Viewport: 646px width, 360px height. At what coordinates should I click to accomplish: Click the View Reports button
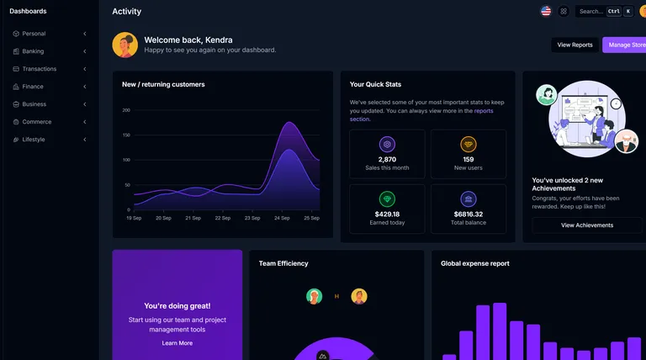575,45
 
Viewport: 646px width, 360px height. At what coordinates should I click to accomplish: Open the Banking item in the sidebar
34,51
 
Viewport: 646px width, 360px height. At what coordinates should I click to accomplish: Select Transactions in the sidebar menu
39,69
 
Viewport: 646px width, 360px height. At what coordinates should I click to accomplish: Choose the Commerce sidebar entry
36,122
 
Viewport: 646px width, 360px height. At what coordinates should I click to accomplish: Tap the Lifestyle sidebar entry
34,140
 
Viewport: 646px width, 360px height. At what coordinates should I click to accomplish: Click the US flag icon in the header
546,11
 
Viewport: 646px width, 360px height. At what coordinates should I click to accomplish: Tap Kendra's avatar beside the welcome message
124,45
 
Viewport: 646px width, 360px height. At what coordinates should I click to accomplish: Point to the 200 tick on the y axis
126,110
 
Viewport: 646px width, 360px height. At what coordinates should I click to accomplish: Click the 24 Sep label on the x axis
282,218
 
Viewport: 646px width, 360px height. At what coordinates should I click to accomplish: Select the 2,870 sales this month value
387,159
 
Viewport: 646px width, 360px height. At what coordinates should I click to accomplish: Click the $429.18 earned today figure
387,214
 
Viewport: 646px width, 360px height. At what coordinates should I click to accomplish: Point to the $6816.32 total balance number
469,214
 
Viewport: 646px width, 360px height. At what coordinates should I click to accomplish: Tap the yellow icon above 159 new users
469,144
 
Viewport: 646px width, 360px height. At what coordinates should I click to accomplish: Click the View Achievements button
586,225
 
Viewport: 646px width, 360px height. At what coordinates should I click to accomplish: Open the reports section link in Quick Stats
483,111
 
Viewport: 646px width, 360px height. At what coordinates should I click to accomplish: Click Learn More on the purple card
177,343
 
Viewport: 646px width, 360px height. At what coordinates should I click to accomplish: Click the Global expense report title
474,263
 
